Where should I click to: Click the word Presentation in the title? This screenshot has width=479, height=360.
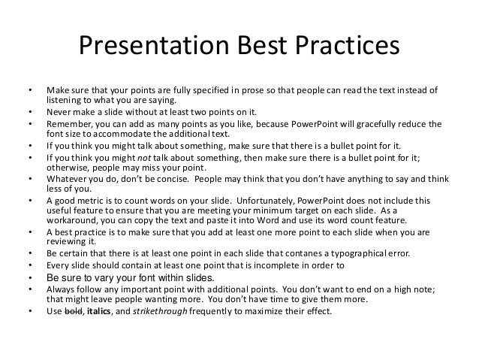pyautogui.click(x=154, y=45)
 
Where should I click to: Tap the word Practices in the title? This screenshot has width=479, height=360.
pyautogui.click(x=348, y=45)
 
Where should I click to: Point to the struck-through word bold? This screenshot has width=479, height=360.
pyautogui.click(x=74, y=311)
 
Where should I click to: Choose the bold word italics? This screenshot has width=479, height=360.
pyautogui.click(x=98, y=311)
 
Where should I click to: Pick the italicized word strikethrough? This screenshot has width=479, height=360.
pyautogui.click(x=160, y=311)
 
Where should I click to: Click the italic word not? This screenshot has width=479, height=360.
pyautogui.click(x=144, y=158)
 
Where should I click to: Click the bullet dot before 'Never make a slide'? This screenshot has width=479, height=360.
pyautogui.click(x=30, y=112)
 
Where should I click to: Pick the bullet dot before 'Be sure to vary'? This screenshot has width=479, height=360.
pyautogui.click(x=30, y=278)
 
